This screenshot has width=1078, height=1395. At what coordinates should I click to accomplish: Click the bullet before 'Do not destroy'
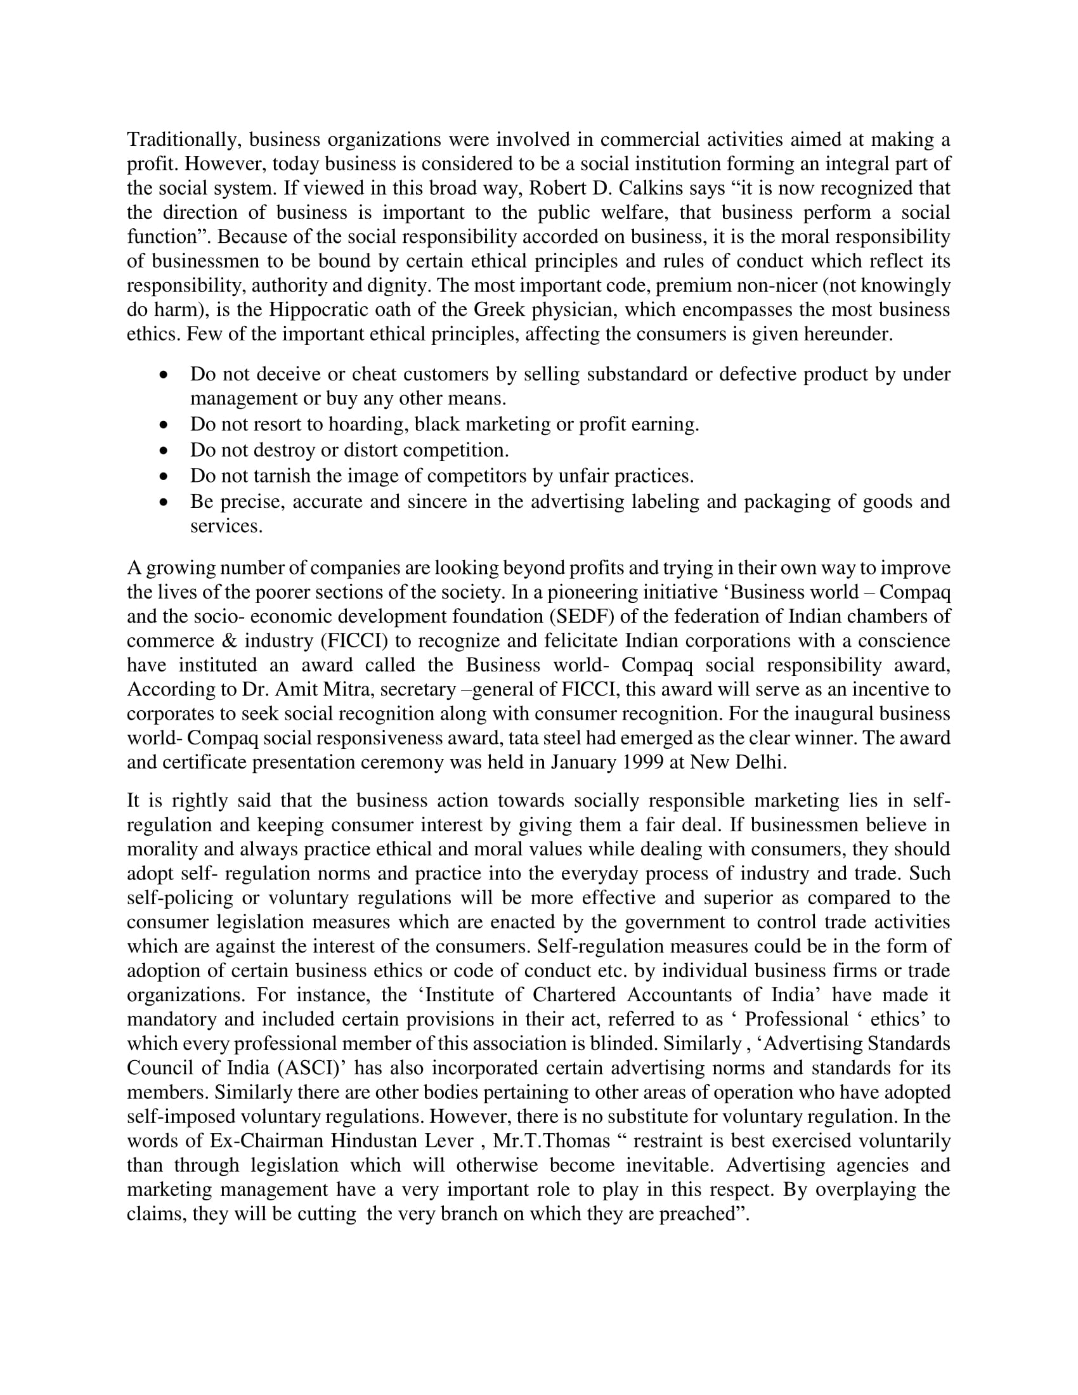point(165,450)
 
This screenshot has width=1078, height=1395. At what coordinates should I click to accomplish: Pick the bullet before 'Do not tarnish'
point(165,476)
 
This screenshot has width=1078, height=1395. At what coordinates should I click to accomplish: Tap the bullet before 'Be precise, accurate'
point(165,502)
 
